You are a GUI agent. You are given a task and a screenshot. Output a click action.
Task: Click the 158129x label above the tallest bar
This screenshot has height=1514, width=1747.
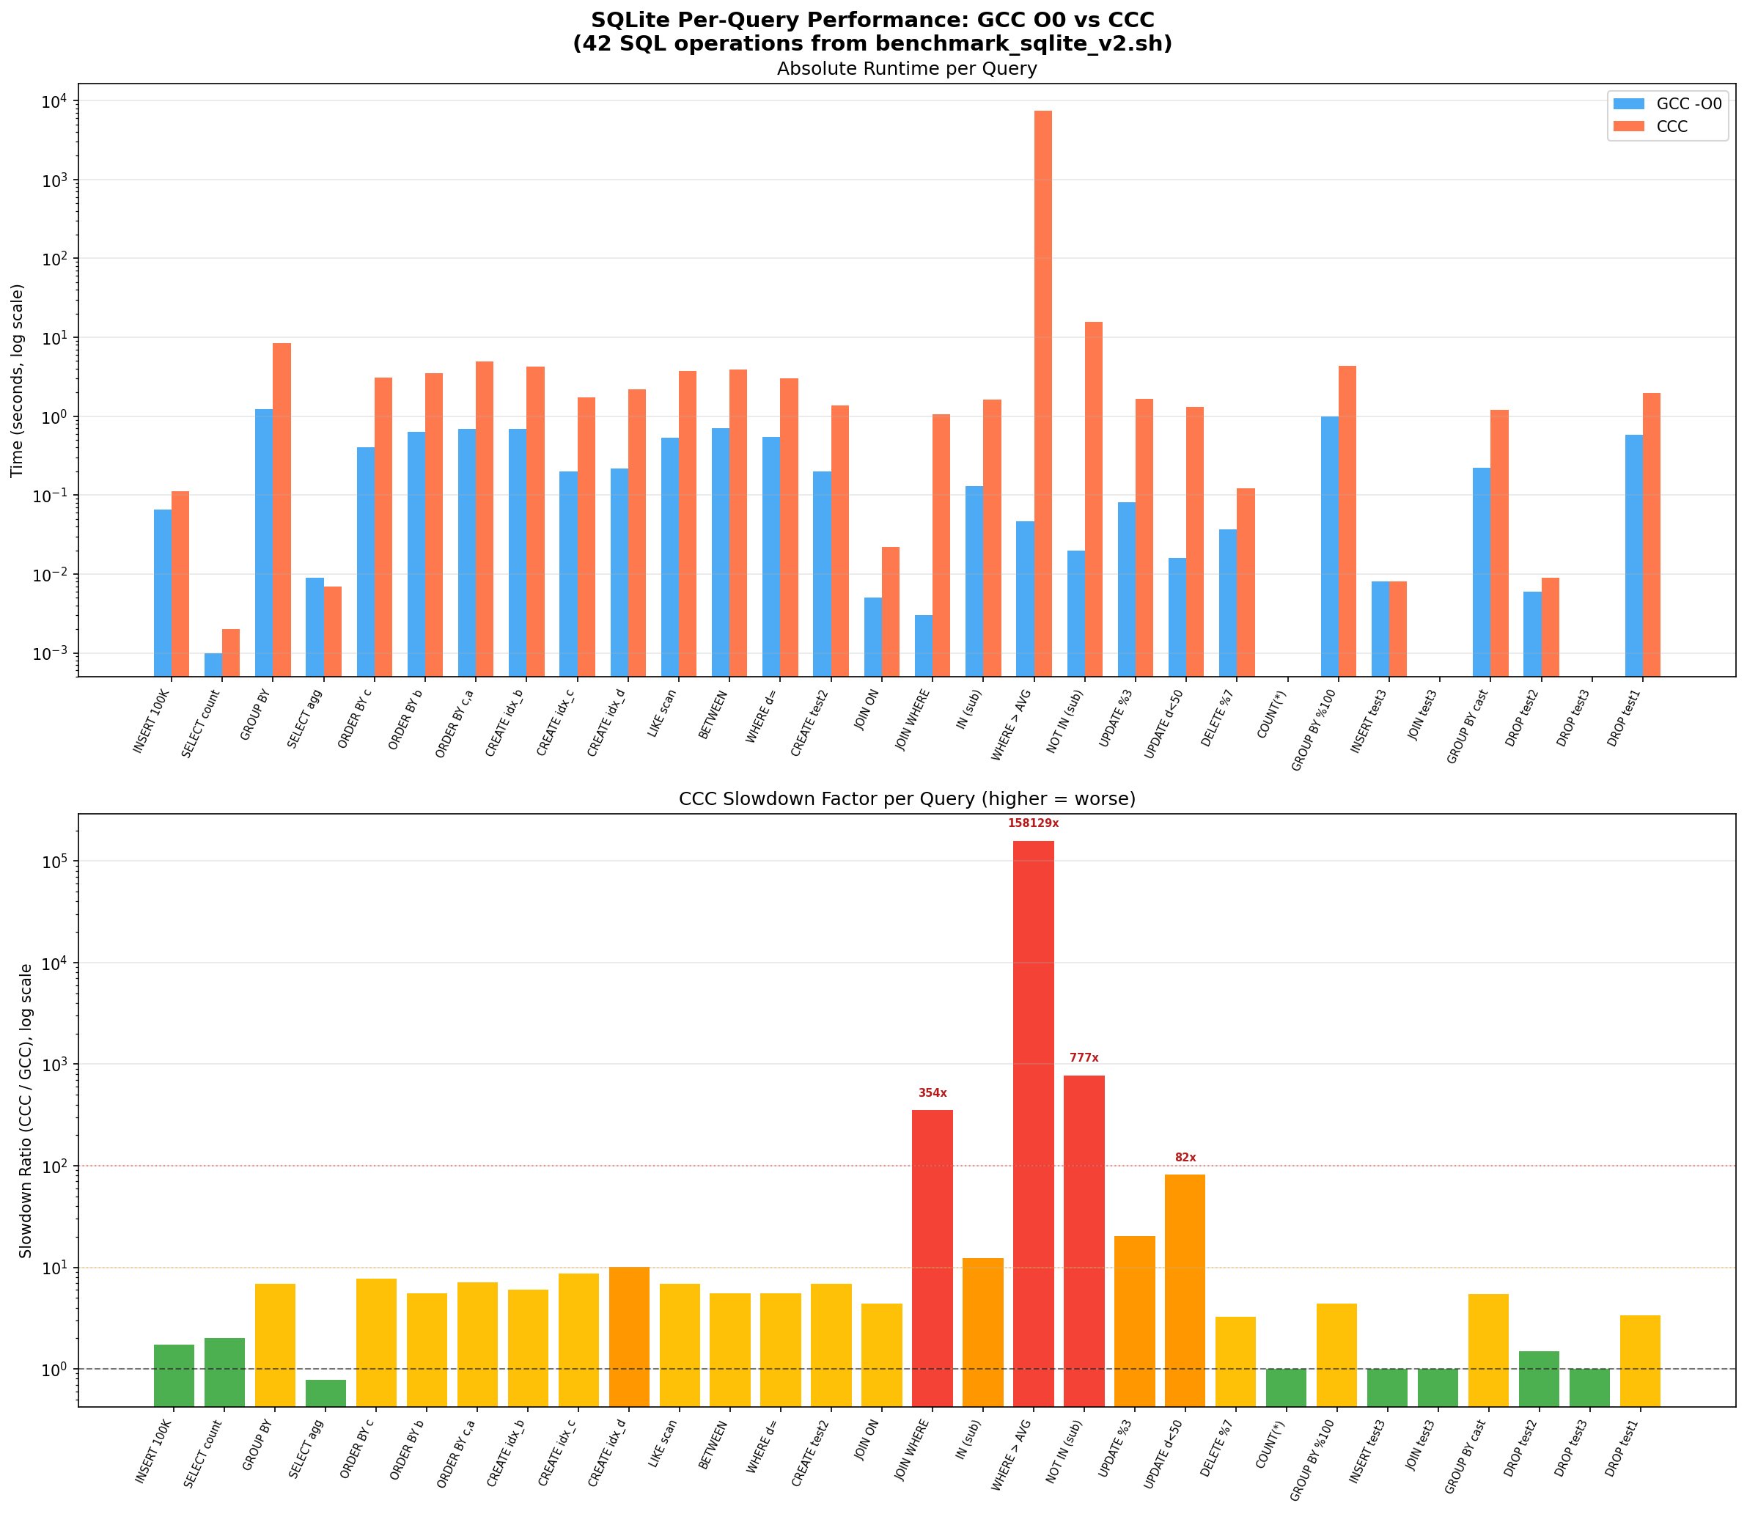click(1032, 823)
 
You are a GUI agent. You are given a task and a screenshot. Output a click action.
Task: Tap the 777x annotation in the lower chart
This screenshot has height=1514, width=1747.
click(1084, 1058)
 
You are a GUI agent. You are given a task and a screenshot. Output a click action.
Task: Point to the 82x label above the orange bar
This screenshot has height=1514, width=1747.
click(1185, 1158)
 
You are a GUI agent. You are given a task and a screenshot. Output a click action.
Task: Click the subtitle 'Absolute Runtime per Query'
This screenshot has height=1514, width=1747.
click(906, 69)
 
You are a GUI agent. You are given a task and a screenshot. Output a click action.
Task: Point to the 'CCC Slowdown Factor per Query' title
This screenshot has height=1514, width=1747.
click(906, 799)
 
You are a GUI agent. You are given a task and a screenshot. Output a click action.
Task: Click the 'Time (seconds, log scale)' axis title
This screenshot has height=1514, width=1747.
click(18, 381)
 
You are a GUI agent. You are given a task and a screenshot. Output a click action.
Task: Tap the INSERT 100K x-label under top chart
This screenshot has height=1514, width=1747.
click(152, 722)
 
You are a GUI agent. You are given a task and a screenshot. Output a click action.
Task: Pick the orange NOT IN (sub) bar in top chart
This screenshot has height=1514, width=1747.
click(1093, 499)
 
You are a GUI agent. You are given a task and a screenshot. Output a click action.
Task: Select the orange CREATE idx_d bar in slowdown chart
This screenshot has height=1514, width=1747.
click(628, 1337)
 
